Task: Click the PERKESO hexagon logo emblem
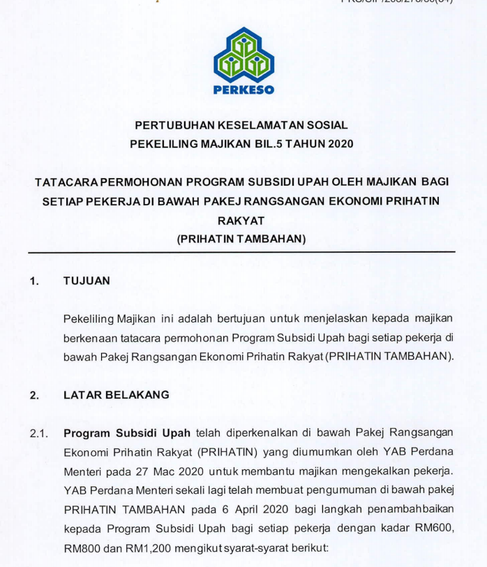click(244, 55)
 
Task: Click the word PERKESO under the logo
click(244, 89)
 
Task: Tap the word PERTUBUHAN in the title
click(171, 126)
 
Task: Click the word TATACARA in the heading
click(67, 182)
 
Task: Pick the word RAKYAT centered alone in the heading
click(241, 220)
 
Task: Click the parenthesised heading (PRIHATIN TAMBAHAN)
click(241, 239)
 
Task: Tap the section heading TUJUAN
click(87, 281)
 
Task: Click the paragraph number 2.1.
click(38, 434)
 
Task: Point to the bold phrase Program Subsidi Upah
click(128, 433)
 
